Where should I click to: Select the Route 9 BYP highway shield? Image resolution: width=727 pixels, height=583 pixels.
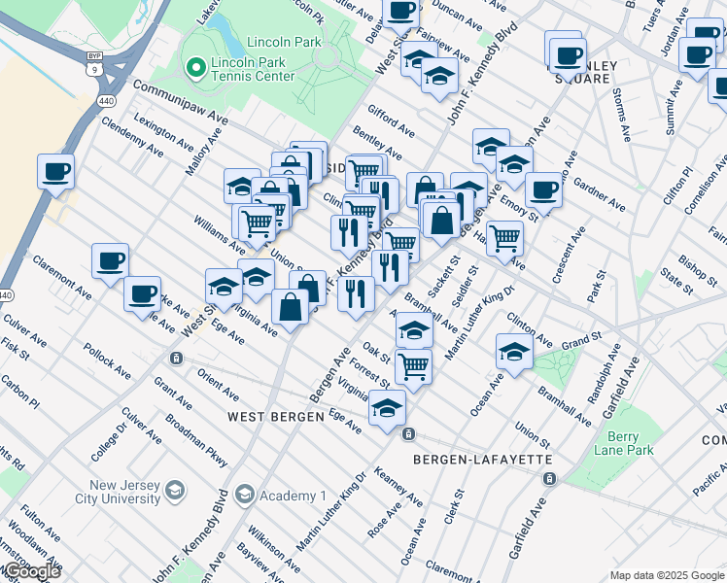coord(92,69)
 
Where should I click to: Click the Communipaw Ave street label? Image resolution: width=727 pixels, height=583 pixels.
coord(179,103)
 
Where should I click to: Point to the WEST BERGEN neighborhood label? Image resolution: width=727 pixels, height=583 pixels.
coord(269,417)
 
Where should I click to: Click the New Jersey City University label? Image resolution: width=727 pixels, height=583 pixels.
coord(111,492)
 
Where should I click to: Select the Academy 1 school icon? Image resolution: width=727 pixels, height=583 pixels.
coord(244,496)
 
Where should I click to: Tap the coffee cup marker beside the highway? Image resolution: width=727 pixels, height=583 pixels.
coord(56,172)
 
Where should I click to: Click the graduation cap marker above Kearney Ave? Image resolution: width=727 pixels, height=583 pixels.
coord(387,408)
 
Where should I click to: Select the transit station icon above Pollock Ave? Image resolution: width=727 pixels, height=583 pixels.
coord(176,358)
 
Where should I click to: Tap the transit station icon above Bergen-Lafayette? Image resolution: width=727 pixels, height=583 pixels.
coord(409,433)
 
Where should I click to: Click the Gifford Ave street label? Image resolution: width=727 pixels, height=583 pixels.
coord(391,121)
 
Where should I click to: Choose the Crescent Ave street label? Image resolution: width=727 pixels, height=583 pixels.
coord(569,255)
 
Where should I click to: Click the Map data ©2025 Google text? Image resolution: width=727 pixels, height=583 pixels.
coord(667,575)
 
